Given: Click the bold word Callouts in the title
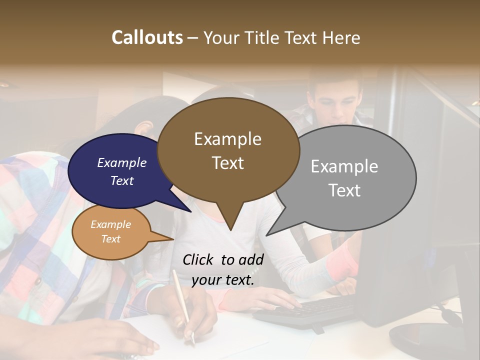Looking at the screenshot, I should (x=147, y=37).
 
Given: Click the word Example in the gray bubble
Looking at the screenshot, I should (x=344, y=166).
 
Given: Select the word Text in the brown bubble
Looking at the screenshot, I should (x=227, y=162).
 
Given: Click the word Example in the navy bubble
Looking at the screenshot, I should (x=121, y=162).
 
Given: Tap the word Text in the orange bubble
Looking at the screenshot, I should (x=110, y=238).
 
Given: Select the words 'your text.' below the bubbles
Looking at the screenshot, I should (x=222, y=280).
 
